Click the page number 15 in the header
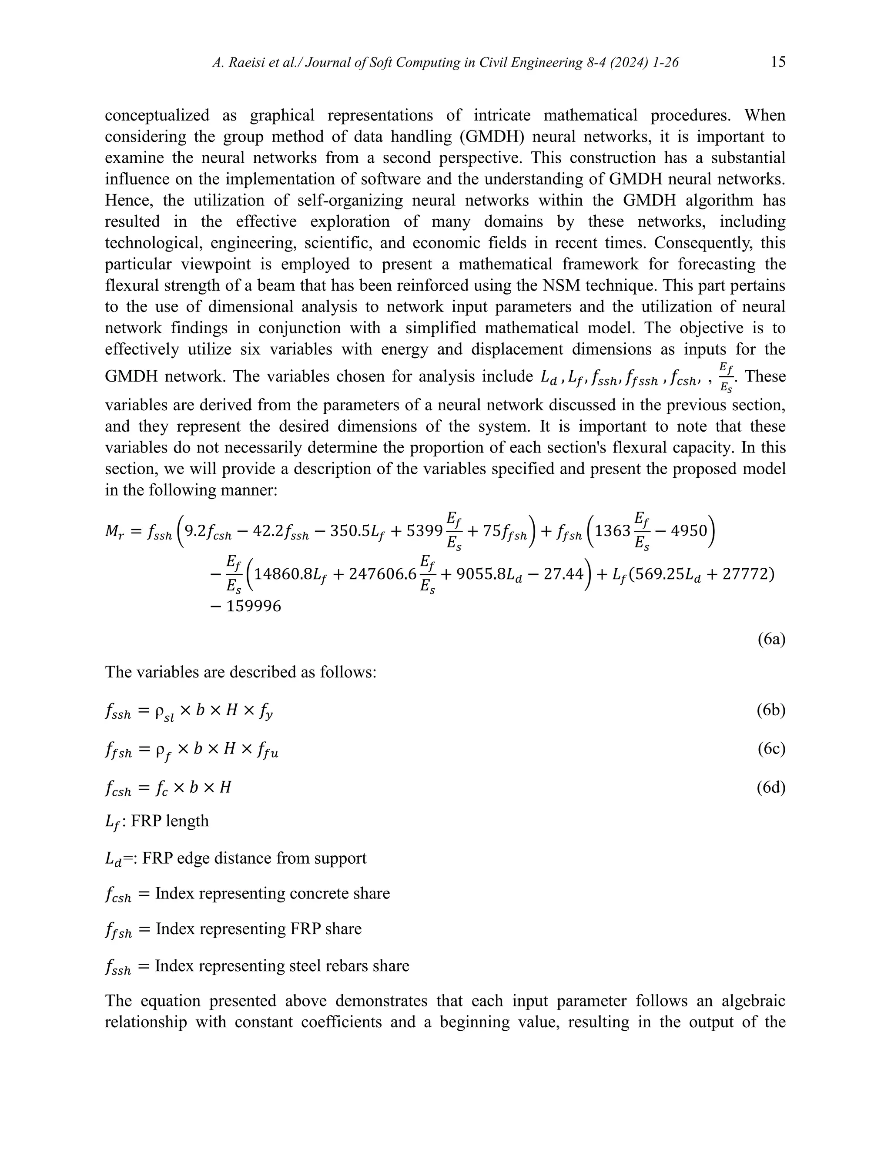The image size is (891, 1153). [778, 62]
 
